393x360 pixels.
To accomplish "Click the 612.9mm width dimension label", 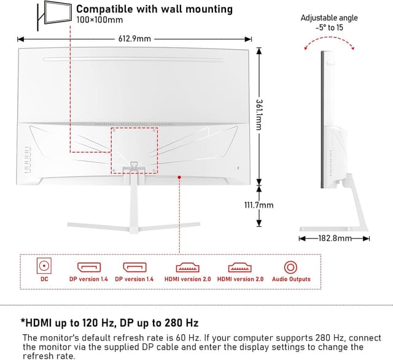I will point(134,39).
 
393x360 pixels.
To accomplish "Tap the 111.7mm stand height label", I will point(259,205).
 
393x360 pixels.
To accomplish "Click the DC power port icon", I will point(44,267).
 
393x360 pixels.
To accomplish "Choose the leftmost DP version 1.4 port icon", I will point(89,267).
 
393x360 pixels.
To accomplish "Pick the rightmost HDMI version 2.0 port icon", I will point(240,267).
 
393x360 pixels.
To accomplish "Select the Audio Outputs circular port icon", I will point(290,267).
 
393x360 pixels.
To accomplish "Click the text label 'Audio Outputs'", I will point(290,280).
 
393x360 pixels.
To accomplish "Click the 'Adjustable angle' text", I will point(329,18).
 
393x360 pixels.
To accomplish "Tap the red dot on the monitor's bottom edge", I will point(179,177).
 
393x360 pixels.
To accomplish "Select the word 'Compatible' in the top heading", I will point(104,9).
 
